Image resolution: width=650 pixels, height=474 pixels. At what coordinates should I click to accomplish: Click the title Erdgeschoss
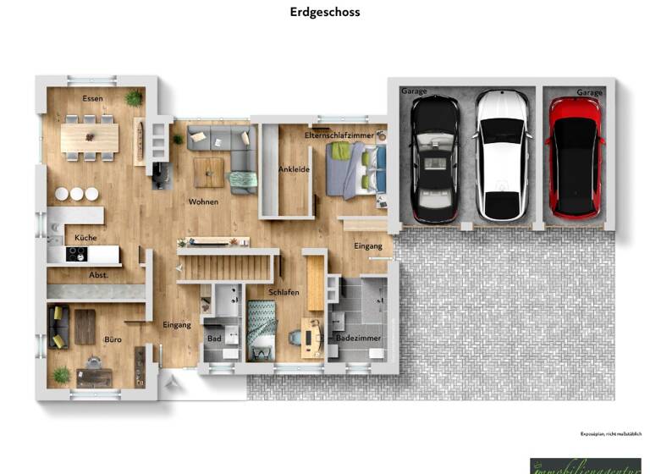(325, 12)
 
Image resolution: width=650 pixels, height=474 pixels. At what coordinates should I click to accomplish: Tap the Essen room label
(92, 99)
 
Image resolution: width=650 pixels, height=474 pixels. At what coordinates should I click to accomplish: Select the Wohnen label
(203, 202)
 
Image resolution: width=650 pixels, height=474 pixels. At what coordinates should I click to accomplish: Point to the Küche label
(85, 238)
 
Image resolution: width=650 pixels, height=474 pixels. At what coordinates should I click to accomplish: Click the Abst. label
(99, 275)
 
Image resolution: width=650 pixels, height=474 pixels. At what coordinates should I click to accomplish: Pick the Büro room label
(113, 339)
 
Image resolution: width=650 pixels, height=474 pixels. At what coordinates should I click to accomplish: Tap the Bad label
(214, 339)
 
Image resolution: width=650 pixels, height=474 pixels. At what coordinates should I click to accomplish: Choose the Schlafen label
(284, 293)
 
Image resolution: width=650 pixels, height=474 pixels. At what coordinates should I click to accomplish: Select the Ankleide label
(294, 169)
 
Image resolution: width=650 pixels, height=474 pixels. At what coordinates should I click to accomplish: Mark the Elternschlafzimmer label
(339, 135)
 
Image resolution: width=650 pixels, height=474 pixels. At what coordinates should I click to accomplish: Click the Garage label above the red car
(590, 92)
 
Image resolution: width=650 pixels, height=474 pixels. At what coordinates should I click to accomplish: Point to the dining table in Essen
(89, 138)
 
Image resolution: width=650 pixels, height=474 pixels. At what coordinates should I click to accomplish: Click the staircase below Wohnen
(225, 268)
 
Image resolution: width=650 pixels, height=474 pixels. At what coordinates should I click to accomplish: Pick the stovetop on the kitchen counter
(77, 253)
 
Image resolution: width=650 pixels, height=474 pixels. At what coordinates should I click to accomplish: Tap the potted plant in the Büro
(62, 373)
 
